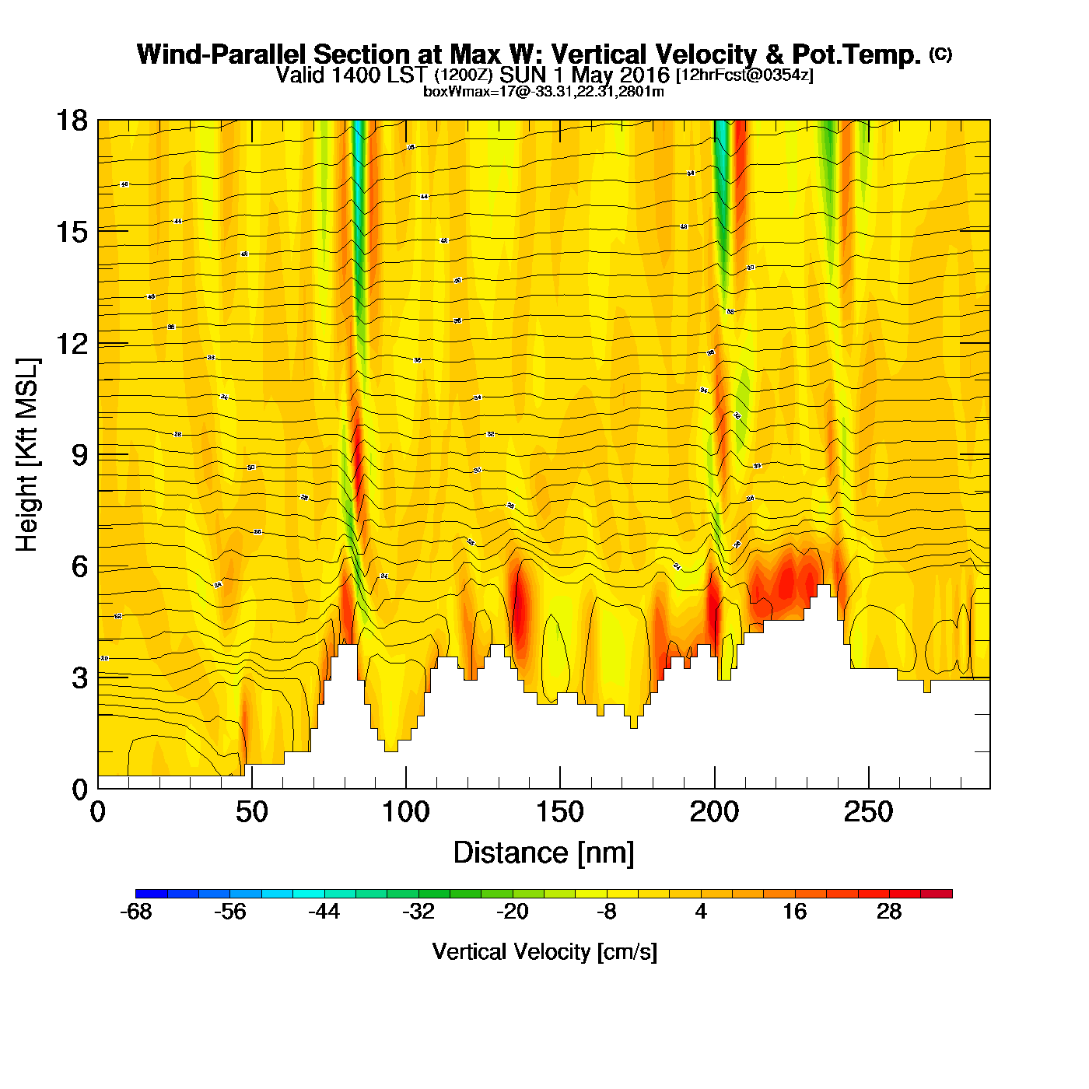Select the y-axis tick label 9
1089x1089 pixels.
79,455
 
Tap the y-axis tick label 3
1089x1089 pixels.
79,678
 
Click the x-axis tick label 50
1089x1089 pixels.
251,812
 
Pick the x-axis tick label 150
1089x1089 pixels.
559,812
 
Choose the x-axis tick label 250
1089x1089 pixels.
868,812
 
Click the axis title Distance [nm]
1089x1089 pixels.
544,853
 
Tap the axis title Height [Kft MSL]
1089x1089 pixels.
27,455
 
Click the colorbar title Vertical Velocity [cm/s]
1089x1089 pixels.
544,951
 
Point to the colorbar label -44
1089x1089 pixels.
324,912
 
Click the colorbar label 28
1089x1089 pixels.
889,912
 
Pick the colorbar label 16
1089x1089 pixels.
795,912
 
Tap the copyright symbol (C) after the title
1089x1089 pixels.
940,54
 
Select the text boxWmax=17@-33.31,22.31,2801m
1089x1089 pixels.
543,92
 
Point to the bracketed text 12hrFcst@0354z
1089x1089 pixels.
744,75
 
